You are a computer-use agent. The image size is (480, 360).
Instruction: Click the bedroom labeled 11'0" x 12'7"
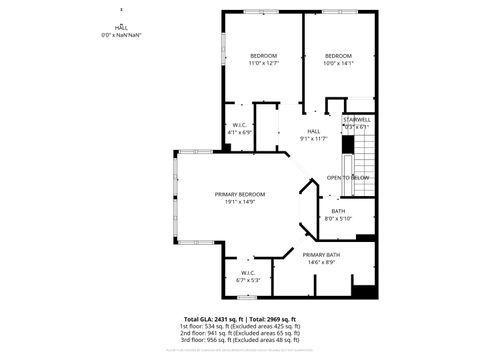263,59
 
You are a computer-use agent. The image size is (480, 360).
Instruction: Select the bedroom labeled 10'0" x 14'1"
338,59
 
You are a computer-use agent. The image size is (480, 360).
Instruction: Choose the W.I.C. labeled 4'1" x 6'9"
241,128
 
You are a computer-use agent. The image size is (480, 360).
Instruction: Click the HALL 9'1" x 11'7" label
313,135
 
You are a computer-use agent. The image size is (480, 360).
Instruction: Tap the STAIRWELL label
356,121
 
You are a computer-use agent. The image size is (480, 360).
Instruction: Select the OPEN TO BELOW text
348,177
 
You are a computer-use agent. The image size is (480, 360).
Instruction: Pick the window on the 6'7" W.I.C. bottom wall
247,297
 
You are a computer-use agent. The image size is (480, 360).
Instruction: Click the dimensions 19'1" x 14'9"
240,202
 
